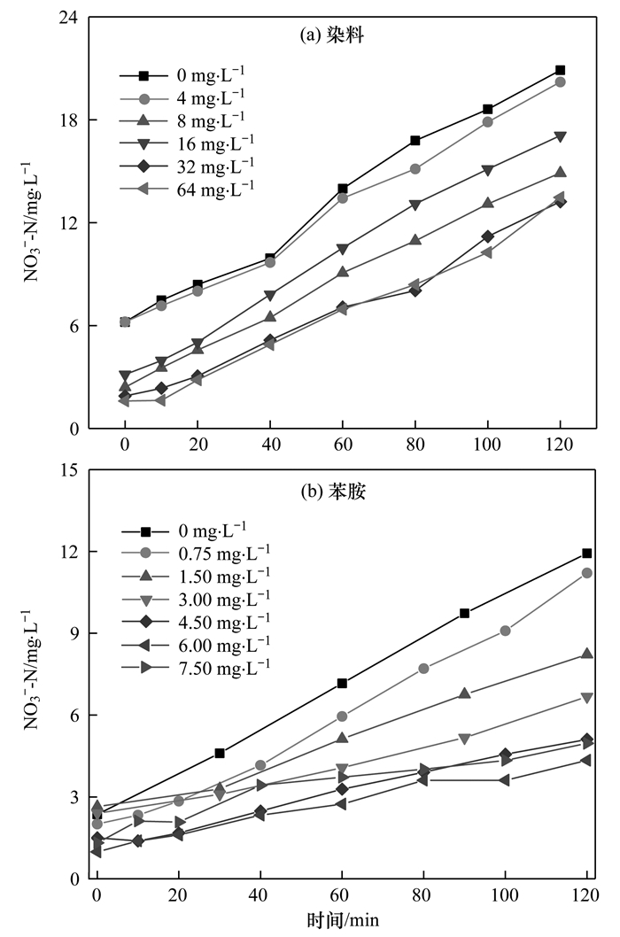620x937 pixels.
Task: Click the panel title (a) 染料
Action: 333,36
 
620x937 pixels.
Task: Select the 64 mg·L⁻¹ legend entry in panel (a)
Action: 188,188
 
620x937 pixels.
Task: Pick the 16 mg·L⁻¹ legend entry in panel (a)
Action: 188,142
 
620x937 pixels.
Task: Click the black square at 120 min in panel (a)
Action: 561,70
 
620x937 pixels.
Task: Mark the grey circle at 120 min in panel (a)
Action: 561,82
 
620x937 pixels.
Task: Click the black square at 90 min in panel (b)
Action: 464,613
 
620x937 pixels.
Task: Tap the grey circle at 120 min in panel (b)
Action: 586,573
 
